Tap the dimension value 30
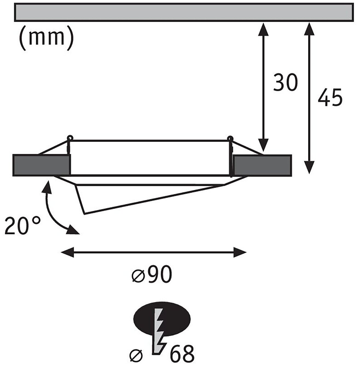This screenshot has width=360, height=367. click(285, 82)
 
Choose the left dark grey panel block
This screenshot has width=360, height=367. click(42, 165)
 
